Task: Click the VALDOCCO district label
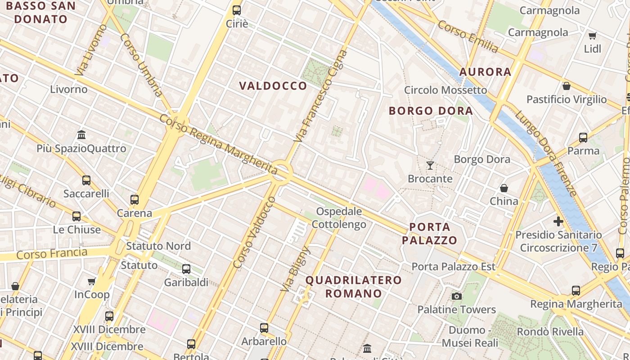(x=273, y=86)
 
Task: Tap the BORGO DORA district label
(x=431, y=111)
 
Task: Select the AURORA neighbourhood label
(x=485, y=72)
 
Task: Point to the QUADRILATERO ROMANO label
(x=354, y=287)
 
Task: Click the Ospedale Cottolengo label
(x=339, y=218)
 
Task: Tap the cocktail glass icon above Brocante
(x=430, y=166)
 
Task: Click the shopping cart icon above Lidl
(x=593, y=36)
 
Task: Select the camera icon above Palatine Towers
(x=457, y=296)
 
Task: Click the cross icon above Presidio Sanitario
(x=558, y=221)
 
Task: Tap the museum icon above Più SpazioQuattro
(x=81, y=135)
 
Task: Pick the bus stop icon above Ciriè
(x=237, y=10)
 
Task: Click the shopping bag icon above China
(x=504, y=188)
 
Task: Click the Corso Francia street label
(x=52, y=253)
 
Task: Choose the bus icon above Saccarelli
(x=86, y=180)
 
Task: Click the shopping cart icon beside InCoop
(x=92, y=282)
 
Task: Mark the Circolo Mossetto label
(x=445, y=90)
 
